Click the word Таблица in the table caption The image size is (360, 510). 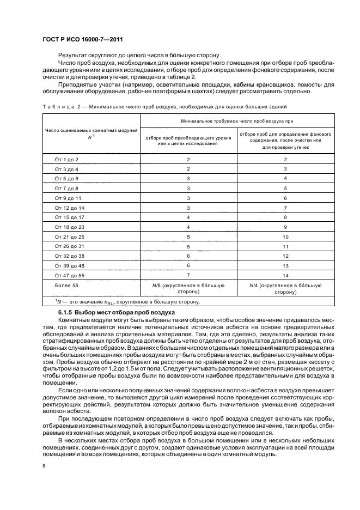[x=56, y=107]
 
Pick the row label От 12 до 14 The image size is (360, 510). [x=69, y=208]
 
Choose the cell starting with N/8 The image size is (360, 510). [x=188, y=288]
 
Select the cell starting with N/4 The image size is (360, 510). [x=285, y=288]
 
